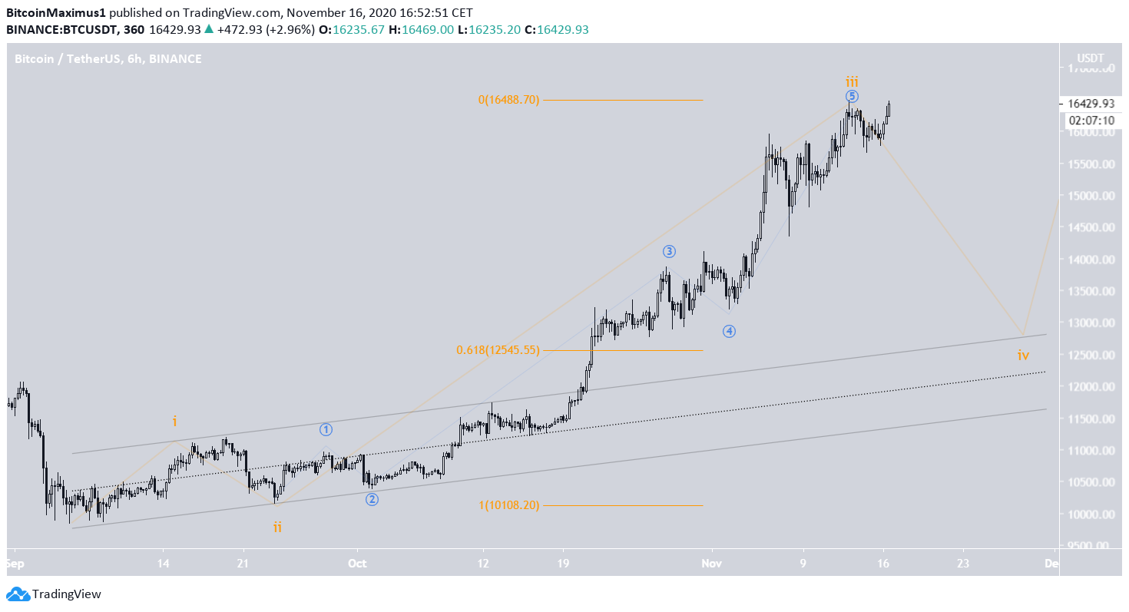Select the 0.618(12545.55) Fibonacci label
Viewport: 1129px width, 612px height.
pos(497,350)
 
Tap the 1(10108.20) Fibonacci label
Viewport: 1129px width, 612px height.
pos(508,505)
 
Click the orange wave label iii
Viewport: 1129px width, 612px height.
pos(852,81)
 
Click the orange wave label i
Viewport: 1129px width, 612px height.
pos(175,421)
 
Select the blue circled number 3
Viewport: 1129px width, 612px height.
pos(669,251)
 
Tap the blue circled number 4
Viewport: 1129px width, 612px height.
pos(729,331)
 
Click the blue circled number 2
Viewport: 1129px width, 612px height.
pos(372,499)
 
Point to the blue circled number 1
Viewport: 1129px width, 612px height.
pos(326,429)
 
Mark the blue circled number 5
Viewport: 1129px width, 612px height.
pos(852,96)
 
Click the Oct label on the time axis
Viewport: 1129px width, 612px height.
pos(357,563)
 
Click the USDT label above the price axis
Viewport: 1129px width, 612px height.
pos(1091,58)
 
